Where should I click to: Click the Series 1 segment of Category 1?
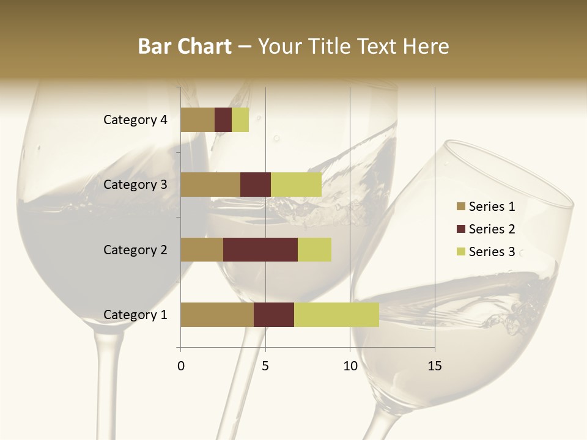point(217,315)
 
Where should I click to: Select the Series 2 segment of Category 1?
point(274,315)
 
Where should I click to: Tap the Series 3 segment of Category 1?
point(336,315)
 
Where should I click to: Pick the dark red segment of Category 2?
point(260,249)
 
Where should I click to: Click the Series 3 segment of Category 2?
point(314,249)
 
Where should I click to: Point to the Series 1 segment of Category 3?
point(210,185)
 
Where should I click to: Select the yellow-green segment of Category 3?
point(296,185)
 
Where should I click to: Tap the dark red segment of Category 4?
point(223,120)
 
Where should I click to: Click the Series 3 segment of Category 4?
point(240,120)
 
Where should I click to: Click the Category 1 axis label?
point(135,315)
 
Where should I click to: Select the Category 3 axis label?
point(135,185)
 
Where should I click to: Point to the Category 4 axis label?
point(135,120)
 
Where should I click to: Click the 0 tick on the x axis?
point(181,366)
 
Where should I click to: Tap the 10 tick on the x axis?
point(350,366)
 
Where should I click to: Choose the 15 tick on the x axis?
point(435,366)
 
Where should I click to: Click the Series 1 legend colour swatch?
point(460,207)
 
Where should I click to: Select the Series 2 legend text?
point(492,229)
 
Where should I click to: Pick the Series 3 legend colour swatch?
point(460,252)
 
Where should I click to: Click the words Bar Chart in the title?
point(185,46)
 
